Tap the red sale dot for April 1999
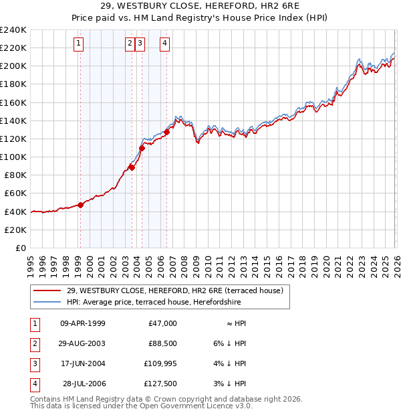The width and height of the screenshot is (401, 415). click(80, 205)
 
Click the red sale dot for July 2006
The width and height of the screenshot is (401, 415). click(166, 132)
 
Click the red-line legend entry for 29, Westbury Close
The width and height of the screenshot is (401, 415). click(175, 290)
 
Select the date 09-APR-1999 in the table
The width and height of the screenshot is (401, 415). click(82, 323)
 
